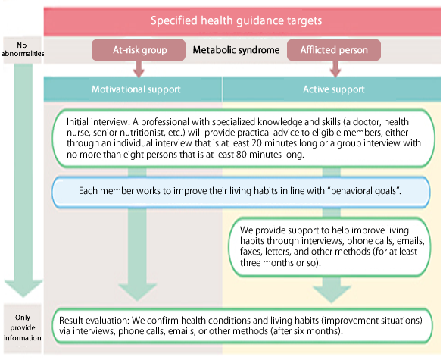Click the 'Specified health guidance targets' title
coord(236,20)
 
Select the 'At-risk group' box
coord(139,50)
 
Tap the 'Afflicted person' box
coord(334,50)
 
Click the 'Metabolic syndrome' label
coord(236,50)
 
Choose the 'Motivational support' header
coord(136,89)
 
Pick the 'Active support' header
coord(334,89)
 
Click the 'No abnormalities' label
coord(22,49)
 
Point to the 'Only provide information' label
coord(22,327)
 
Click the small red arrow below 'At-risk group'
coord(139,69)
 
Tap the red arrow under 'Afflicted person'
coord(335,69)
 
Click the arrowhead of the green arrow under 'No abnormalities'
coord(23,289)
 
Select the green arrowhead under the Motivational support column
coord(137,293)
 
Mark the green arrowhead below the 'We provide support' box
coord(332,295)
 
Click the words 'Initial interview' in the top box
coord(98,122)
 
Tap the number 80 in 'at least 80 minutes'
coord(241,155)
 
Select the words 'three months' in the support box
coord(267,263)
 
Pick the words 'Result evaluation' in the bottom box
coord(94,321)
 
